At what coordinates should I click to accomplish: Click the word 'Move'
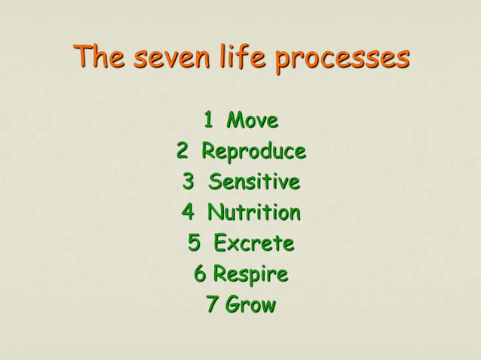[x=253, y=120]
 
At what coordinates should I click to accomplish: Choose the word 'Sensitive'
[x=254, y=182]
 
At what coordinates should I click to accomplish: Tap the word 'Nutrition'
[x=253, y=213]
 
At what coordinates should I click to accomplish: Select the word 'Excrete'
[x=253, y=244]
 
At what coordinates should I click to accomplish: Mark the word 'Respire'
[x=250, y=275]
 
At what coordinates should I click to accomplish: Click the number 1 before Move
[x=209, y=120]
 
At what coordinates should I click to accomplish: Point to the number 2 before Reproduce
[x=182, y=151]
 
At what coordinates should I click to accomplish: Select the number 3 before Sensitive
[x=188, y=182]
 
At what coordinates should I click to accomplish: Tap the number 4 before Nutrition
[x=188, y=213]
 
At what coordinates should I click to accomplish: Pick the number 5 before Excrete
[x=195, y=244]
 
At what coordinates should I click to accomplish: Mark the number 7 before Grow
[x=212, y=307]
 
